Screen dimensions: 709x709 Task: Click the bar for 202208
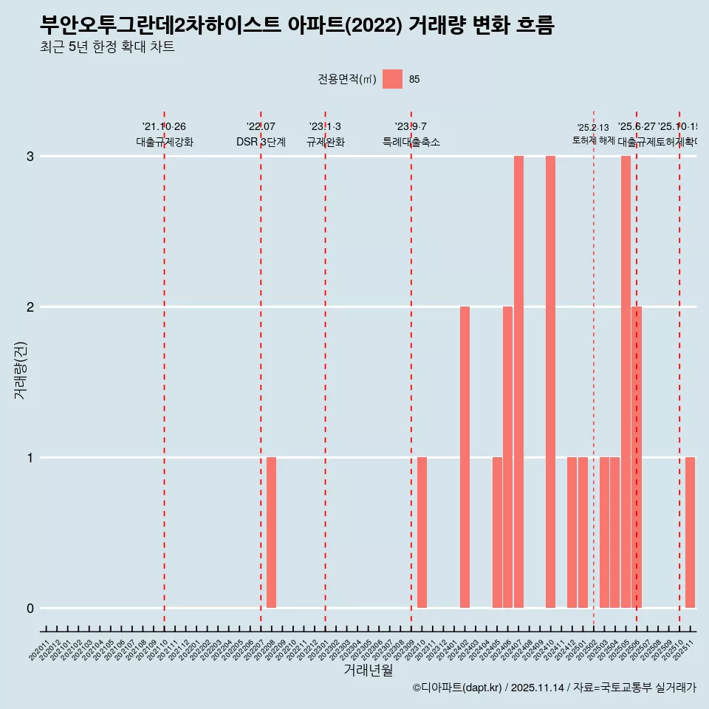[271, 532]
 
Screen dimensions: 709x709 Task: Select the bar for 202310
[422, 532]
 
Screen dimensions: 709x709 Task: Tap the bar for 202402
[465, 457]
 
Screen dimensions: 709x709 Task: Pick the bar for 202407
[518, 382]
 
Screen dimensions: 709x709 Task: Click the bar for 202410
[550, 382]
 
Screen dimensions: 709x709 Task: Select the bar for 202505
[626, 382]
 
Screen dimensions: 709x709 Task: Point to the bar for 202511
[690, 532]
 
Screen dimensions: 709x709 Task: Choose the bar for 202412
[572, 532]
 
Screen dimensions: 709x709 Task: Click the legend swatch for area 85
[393, 79]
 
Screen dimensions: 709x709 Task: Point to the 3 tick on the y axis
[30, 156]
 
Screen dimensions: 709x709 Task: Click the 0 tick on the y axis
[30, 608]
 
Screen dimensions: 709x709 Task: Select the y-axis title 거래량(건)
[20, 370]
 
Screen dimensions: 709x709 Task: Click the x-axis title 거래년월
[368, 670]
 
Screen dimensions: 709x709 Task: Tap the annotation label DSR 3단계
[261, 142]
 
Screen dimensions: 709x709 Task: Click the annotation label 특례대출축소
[411, 142]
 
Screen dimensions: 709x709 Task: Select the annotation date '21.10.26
[164, 127]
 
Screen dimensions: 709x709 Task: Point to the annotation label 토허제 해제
[593, 140]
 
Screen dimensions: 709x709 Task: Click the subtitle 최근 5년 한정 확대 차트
[107, 48]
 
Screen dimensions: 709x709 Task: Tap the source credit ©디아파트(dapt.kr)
[458, 688]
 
